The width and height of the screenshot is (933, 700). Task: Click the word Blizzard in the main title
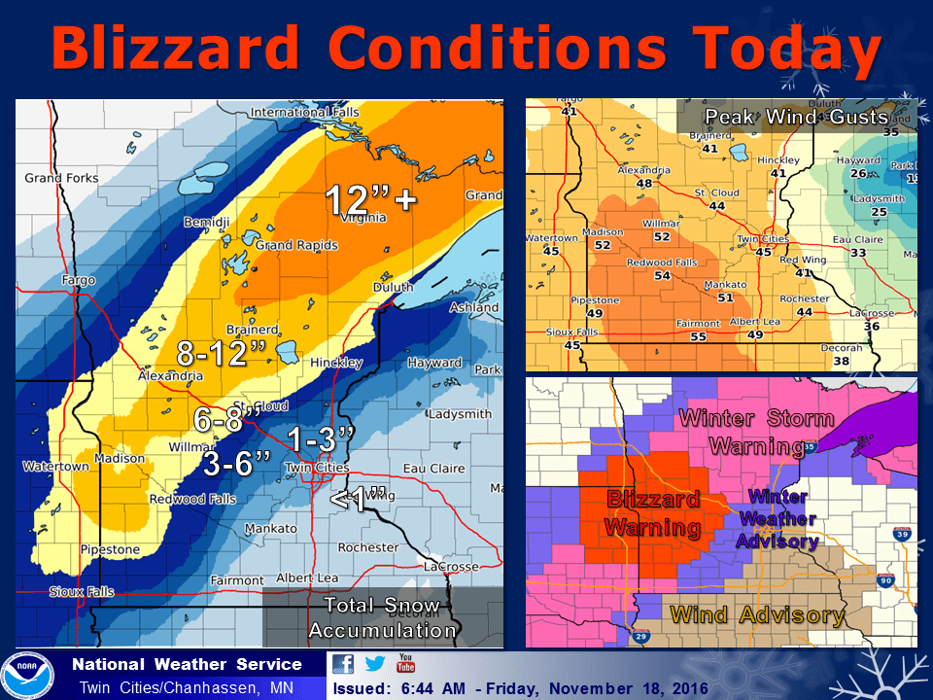pos(180,48)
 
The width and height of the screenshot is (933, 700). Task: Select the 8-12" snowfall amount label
pos(222,353)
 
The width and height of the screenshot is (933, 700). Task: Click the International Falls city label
pos(304,113)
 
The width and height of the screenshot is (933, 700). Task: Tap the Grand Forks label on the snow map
pos(61,178)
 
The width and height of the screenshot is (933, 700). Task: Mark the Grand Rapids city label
pos(296,245)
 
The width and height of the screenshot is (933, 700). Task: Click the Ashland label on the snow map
pos(473,308)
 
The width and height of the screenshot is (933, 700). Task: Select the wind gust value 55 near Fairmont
pos(698,336)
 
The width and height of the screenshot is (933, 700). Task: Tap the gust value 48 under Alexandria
pos(643,183)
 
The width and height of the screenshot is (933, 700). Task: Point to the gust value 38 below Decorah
pos(841,361)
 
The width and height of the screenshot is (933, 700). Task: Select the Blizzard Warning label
pos(653,513)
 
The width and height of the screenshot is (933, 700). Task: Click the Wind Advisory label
pos(757,614)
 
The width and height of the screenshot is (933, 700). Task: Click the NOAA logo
pos(26,675)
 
